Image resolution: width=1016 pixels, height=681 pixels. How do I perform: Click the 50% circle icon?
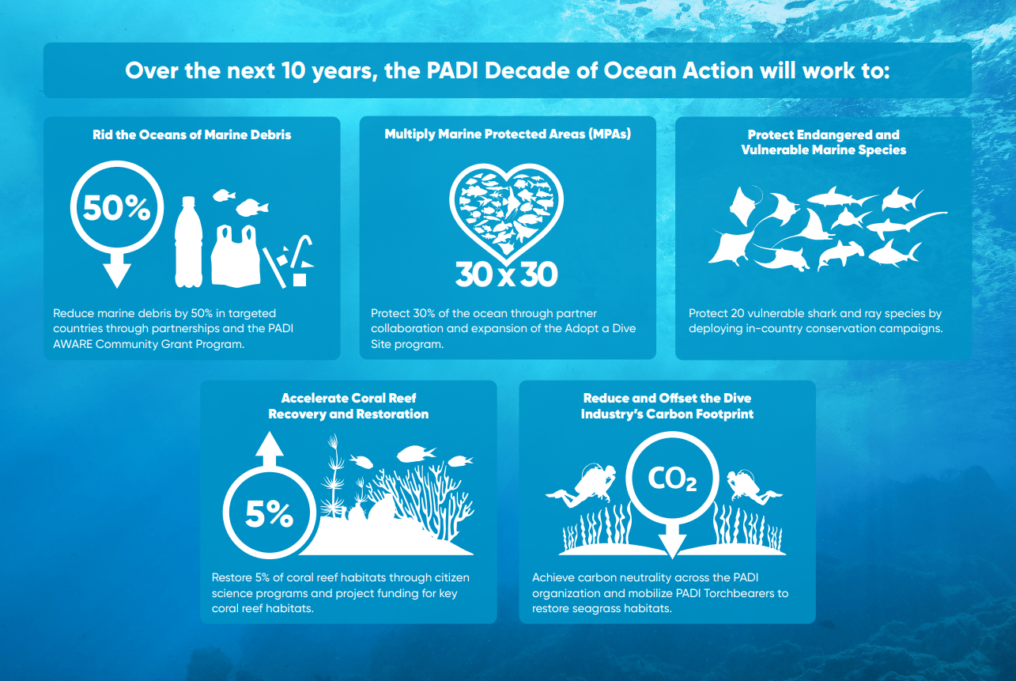(117, 208)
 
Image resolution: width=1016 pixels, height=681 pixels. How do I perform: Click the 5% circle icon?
(269, 515)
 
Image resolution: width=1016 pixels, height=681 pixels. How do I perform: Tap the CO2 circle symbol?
(672, 479)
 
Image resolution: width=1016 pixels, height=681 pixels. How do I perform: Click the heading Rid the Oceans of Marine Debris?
(191, 135)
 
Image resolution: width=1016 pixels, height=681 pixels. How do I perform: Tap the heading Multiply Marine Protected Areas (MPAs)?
(508, 134)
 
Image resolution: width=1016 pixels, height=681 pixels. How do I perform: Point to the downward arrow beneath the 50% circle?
(117, 274)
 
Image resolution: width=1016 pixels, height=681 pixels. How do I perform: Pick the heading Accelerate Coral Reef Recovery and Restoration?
(349, 406)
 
